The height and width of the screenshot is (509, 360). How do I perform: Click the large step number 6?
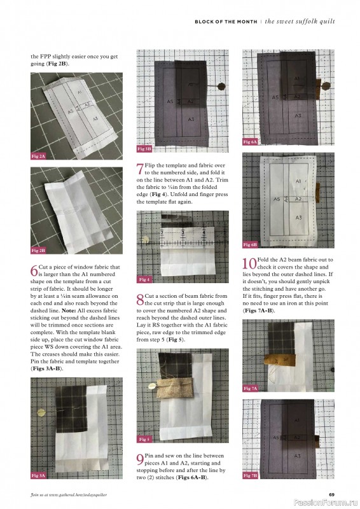coord(34,270)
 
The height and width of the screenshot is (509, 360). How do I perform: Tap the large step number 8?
coord(141,298)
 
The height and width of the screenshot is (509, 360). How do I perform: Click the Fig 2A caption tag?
coord(38,156)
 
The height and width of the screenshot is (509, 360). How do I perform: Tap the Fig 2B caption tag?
coord(38,251)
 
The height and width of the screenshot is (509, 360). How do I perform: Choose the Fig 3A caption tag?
coord(38,475)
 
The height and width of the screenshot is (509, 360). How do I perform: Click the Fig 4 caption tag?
coord(144,280)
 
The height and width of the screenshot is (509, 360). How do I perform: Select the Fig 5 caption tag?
coord(144,439)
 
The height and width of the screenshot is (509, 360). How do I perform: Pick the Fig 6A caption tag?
coord(250,141)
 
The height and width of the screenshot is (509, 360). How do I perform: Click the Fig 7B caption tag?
coord(250,475)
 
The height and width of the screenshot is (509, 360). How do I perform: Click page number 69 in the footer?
coord(331,494)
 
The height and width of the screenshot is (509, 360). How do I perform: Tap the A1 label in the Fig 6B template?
coord(297,181)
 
